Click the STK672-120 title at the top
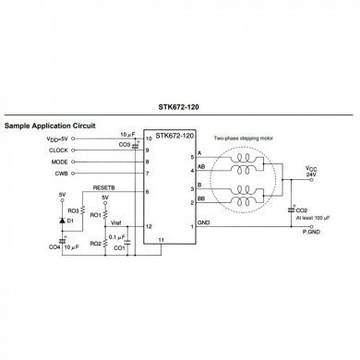coord(179,106)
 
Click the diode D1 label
coord(71,222)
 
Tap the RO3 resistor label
coord(72,210)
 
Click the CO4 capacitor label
coord(55,246)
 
